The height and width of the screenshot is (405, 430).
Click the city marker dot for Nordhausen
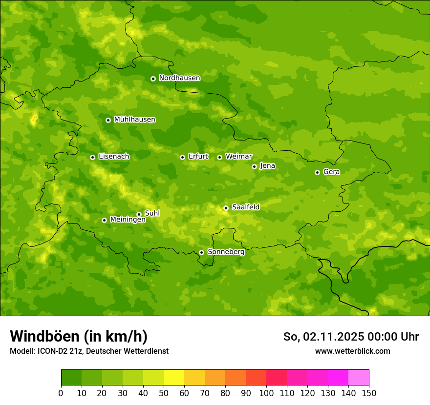tap(153, 79)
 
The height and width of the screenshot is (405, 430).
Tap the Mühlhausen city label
tap(134, 120)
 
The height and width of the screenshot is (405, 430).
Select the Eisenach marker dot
tap(92, 157)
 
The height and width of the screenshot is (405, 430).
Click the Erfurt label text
tap(198, 157)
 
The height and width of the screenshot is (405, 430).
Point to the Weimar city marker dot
tap(219, 157)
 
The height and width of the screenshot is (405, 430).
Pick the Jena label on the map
tap(267, 166)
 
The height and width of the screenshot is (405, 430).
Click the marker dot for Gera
tap(317, 172)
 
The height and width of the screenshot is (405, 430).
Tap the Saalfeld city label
tap(245, 207)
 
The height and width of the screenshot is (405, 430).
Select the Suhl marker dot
tap(139, 214)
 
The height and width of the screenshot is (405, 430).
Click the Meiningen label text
tap(128, 220)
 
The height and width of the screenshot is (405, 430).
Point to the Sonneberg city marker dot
tap(201, 252)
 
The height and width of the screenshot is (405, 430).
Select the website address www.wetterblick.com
tap(352, 351)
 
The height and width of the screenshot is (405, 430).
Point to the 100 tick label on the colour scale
tap(266, 393)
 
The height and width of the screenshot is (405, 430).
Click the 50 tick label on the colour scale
tap(164, 393)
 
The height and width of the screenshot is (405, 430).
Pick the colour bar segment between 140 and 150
tap(359, 378)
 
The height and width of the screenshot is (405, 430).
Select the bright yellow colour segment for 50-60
tap(174, 378)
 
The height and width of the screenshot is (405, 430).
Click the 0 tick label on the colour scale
tap(61, 393)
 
